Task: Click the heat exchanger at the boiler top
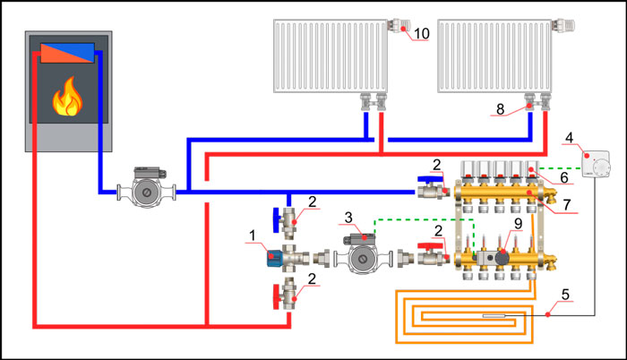(x=68, y=51)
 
